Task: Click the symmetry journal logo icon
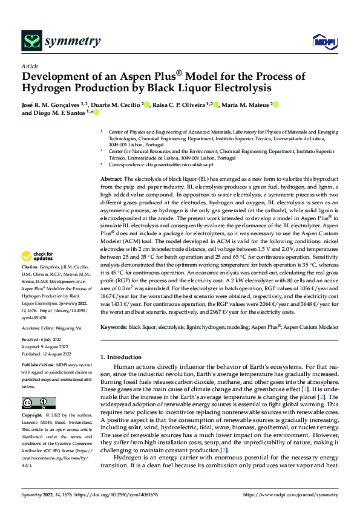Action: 32,41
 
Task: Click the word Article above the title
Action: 30,66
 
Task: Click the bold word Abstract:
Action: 111,180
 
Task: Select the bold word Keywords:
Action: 114,327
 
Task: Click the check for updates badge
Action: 38,273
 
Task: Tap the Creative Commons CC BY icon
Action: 38,403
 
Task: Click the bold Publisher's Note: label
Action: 38,366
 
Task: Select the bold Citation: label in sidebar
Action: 30,283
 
